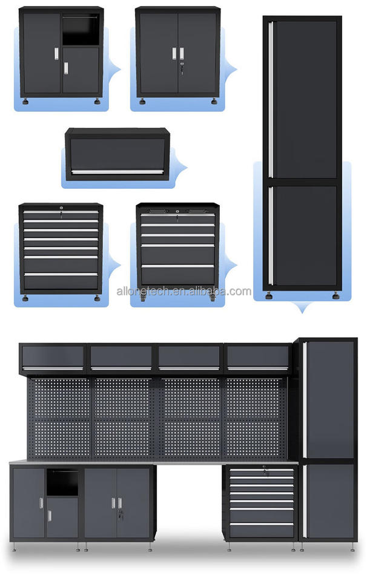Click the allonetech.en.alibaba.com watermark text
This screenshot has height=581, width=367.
(183, 291)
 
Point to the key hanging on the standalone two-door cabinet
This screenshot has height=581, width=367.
(180, 62)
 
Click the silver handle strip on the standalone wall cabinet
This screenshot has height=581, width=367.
(116, 172)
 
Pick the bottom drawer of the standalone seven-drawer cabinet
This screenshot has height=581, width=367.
(61, 281)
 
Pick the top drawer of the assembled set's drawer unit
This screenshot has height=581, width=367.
(261, 470)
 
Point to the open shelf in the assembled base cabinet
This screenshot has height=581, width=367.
(62, 483)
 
